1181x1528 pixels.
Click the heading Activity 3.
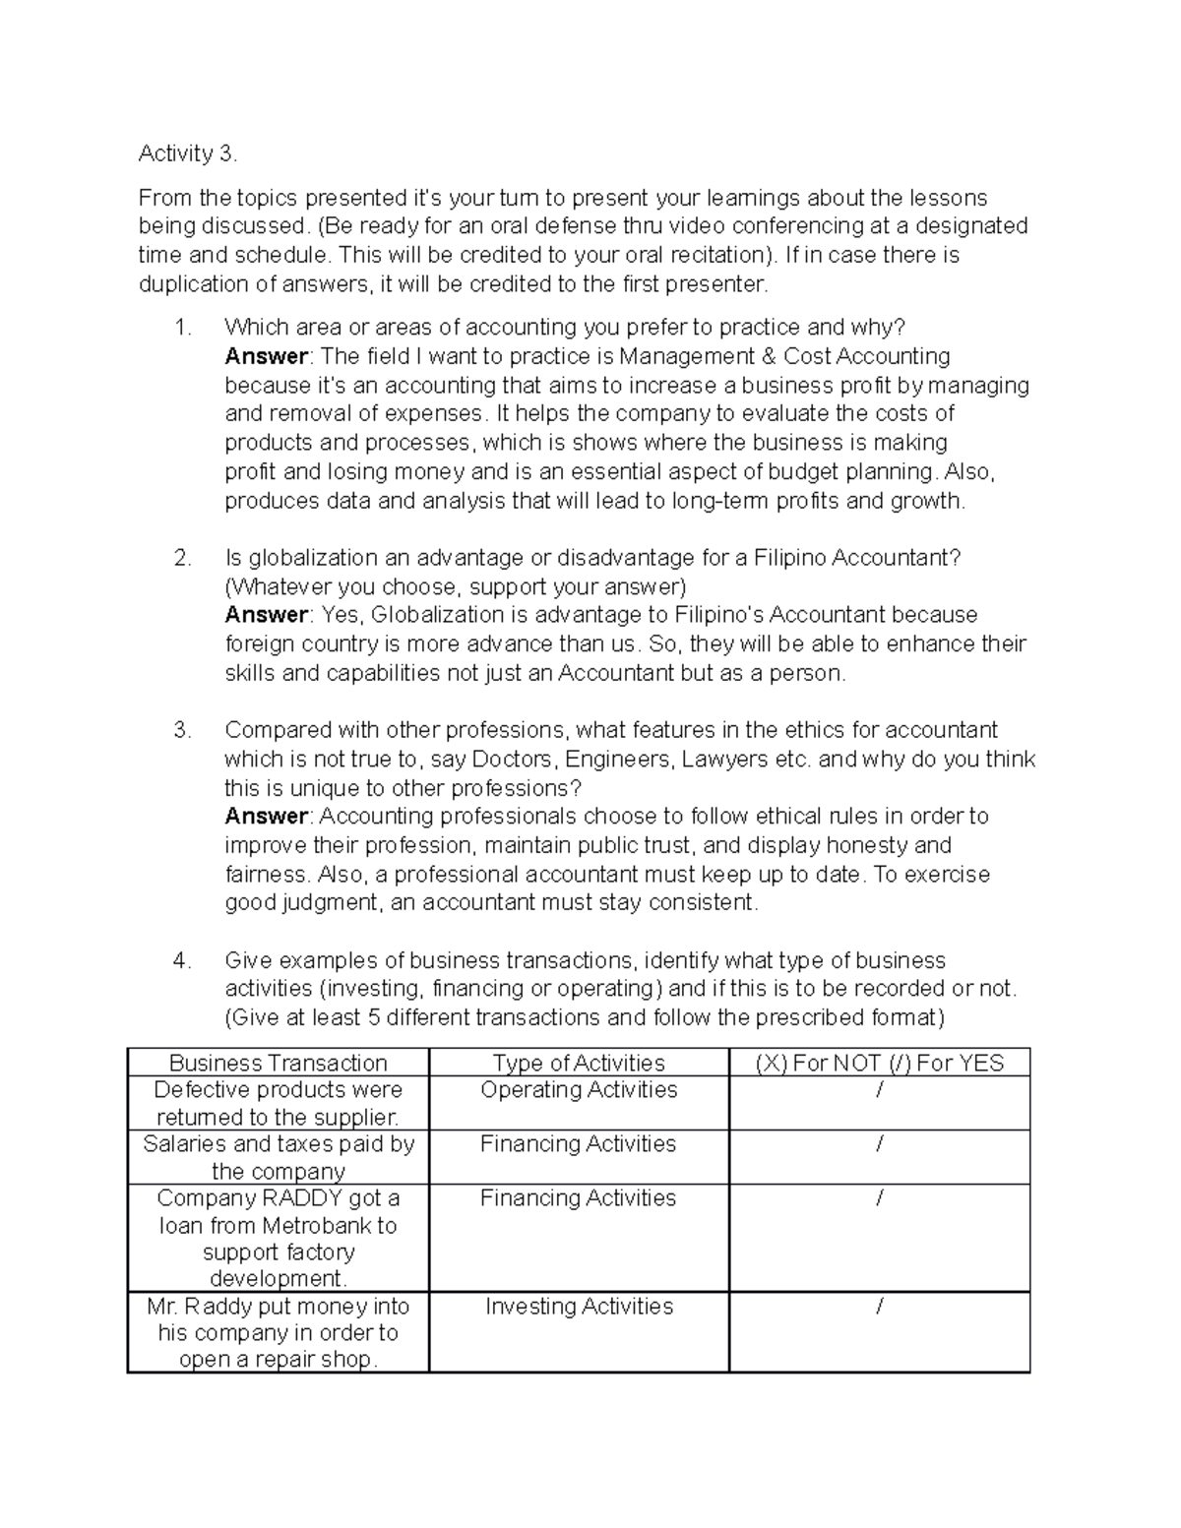(187, 153)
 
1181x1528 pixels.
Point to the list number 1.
(181, 328)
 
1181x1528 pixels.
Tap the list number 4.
(181, 961)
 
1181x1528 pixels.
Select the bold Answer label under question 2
(266, 616)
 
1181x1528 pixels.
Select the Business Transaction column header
(279, 1063)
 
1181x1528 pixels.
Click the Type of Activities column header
(579, 1063)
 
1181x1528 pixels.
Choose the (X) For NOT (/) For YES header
(879, 1063)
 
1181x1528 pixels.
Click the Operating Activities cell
(579, 1090)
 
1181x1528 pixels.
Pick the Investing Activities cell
(579, 1307)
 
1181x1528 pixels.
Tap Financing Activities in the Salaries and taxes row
(579, 1144)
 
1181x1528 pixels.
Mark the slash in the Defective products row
(879, 1090)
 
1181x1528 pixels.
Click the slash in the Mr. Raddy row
(879, 1307)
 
